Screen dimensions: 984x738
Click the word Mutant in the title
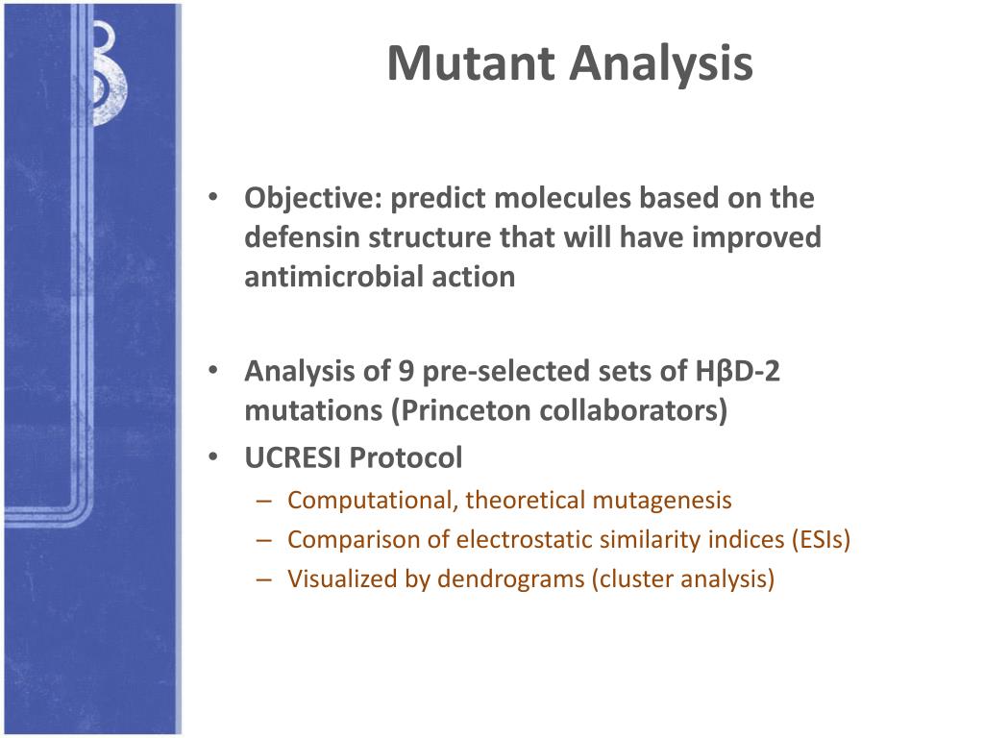click(x=471, y=63)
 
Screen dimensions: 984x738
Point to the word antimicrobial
click(x=333, y=276)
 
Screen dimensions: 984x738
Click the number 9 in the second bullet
click(x=406, y=371)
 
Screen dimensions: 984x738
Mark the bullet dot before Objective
click(x=213, y=197)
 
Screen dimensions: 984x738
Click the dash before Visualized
click(x=263, y=578)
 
